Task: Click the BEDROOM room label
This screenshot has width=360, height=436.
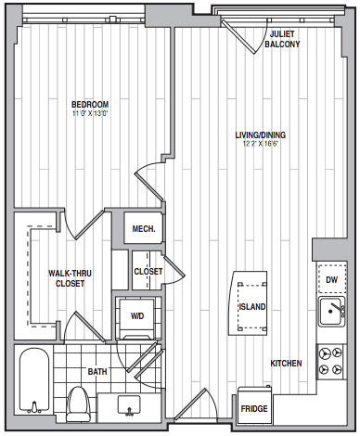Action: (90, 105)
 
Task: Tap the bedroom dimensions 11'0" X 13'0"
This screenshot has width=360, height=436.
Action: (90, 113)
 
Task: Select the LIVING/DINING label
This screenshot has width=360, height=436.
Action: (261, 135)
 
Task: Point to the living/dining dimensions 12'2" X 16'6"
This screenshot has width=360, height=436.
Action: (261, 144)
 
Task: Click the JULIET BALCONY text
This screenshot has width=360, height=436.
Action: (282, 39)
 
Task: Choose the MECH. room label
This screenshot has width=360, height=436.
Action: (144, 229)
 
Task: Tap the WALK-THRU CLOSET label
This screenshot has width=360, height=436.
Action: (70, 278)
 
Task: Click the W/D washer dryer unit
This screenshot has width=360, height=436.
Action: (137, 318)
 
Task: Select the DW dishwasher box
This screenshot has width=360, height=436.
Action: (331, 278)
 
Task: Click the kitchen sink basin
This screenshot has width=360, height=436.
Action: (331, 311)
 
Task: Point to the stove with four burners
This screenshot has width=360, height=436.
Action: (330, 362)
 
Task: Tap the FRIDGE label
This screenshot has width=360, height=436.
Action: (254, 409)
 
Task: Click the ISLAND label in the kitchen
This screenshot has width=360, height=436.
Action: (252, 307)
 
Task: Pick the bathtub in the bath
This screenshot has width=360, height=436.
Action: (34, 381)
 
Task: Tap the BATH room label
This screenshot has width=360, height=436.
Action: (97, 371)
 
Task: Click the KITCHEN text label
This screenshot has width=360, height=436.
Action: (286, 364)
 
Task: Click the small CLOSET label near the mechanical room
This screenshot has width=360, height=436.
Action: (148, 272)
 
